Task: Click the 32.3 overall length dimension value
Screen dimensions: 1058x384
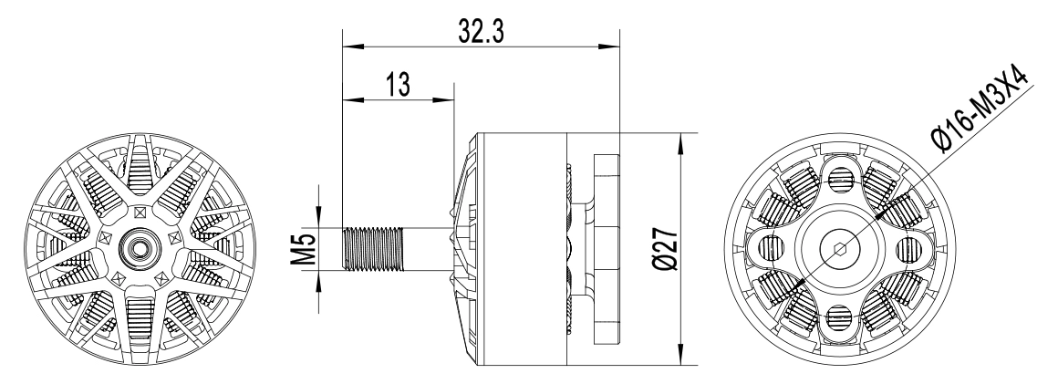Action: click(481, 31)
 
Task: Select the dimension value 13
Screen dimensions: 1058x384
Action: click(398, 85)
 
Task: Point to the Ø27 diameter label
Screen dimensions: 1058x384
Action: click(667, 249)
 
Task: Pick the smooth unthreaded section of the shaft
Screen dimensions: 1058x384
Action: click(428, 249)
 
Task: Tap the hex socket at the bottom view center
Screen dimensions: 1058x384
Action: click(840, 249)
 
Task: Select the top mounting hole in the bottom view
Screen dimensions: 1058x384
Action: click(840, 180)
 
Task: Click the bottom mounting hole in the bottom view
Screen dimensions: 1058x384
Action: click(840, 317)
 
